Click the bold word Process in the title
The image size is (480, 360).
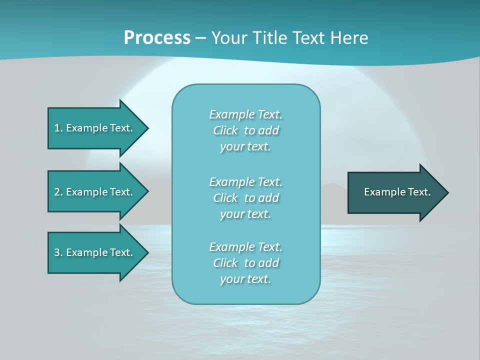point(157,38)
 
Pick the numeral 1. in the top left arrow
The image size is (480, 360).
point(58,128)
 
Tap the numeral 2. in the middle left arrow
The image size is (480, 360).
point(58,192)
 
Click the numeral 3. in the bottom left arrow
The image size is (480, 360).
point(58,252)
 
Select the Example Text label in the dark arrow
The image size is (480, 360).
point(397,192)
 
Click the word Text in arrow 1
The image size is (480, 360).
point(121,128)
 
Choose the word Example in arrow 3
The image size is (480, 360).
point(86,252)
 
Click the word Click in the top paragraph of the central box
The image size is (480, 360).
point(225,130)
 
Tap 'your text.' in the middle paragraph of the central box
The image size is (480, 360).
point(245,214)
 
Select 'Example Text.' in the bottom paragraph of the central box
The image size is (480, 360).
point(245,247)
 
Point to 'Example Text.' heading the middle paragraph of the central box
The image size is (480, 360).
point(245,182)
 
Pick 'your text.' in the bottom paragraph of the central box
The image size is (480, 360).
point(245,279)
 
